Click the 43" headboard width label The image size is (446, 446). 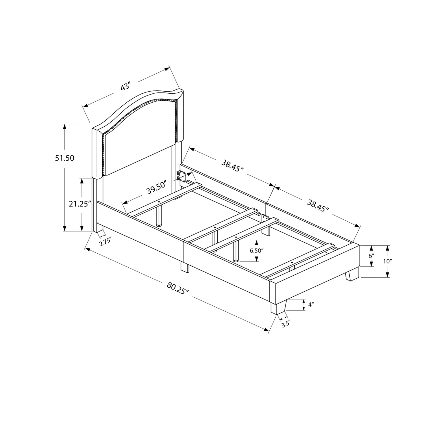tap(126, 87)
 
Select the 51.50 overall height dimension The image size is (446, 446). tap(64, 158)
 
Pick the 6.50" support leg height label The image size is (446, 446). tap(257, 250)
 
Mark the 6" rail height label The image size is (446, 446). tap(371, 255)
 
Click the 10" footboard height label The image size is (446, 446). tap(388, 261)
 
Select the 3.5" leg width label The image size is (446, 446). tap(285, 323)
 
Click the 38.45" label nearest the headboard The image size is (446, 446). tap(232, 165)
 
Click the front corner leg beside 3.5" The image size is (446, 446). tap(278, 307)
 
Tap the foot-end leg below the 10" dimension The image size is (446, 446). tap(351, 274)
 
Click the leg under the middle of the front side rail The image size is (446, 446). tap(184, 267)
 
